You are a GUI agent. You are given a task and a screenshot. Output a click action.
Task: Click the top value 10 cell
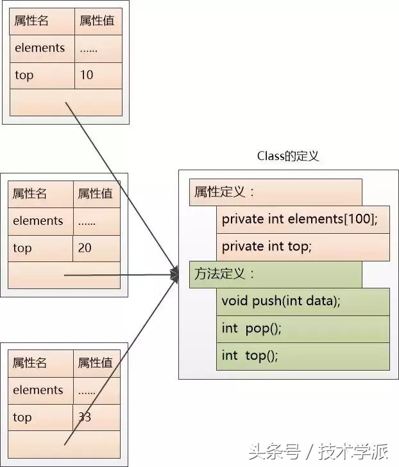(98, 75)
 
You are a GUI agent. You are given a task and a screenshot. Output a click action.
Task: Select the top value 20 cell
(96, 248)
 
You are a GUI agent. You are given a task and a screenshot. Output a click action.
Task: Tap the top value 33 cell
(96, 418)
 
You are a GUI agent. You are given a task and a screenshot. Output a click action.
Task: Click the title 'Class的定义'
(288, 156)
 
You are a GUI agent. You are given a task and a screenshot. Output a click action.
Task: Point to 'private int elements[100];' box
(303, 220)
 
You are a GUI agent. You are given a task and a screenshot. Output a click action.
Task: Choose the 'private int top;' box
(303, 247)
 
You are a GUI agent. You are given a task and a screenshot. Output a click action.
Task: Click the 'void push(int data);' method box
(303, 301)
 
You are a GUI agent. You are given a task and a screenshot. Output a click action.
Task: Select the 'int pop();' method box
(303, 329)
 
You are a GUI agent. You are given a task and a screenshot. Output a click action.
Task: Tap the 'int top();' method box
(303, 356)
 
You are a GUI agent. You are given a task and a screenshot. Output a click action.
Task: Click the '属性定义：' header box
(276, 192)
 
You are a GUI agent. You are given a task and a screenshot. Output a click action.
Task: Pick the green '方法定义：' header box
(276, 274)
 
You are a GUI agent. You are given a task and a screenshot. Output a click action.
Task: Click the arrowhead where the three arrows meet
(174, 275)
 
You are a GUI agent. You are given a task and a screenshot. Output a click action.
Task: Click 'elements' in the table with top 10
(40, 48)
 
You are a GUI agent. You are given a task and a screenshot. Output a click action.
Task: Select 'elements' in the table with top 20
(38, 221)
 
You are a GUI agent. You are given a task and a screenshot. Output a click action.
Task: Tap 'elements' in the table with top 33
(38, 391)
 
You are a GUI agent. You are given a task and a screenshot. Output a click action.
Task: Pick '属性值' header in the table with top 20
(96, 193)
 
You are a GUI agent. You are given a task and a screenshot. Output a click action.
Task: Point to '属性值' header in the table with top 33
(96, 364)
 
